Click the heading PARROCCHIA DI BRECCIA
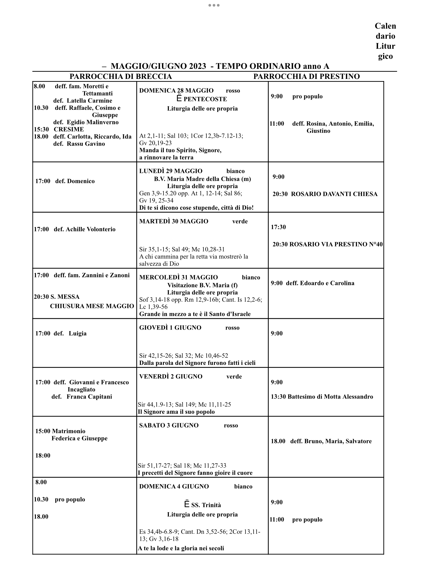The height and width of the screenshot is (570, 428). (x=120, y=77)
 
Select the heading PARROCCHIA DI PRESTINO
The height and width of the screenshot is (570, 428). (x=306, y=77)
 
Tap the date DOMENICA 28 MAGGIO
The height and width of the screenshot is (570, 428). (x=176, y=91)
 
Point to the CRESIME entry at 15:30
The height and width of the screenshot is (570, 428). (x=69, y=129)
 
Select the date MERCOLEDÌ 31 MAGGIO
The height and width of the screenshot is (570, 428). (x=178, y=277)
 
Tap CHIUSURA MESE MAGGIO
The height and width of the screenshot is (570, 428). (x=92, y=306)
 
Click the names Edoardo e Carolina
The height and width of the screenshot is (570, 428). (x=327, y=283)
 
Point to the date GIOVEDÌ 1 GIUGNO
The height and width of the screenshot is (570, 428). (x=170, y=328)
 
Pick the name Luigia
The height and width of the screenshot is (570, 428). (x=78, y=333)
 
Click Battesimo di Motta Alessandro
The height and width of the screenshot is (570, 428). (x=330, y=397)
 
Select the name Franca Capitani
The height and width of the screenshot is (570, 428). (x=89, y=397)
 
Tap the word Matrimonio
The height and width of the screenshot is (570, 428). (x=69, y=431)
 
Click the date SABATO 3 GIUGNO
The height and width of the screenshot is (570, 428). (x=169, y=425)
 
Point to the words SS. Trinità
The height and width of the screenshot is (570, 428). (x=206, y=505)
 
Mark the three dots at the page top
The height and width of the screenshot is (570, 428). (x=214, y=5)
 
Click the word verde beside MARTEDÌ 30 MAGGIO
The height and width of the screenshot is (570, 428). (x=240, y=221)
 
